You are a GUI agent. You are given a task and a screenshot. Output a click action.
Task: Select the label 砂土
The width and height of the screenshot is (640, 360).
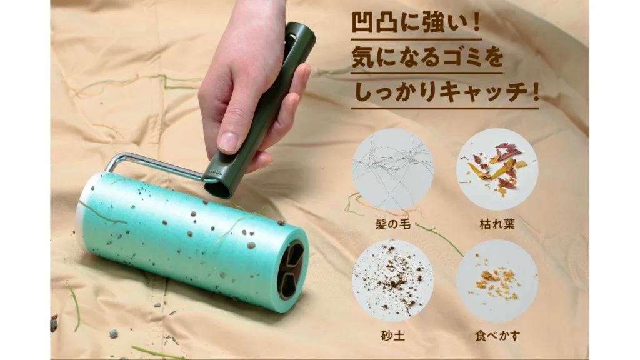pyautogui.click(x=392, y=336)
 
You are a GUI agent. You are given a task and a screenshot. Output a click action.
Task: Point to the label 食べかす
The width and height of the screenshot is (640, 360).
pyautogui.click(x=497, y=336)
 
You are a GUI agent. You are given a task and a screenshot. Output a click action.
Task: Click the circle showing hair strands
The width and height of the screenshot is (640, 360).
pyautogui.click(x=392, y=169)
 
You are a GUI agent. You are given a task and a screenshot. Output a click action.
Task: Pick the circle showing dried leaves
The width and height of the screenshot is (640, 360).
pyautogui.click(x=497, y=169)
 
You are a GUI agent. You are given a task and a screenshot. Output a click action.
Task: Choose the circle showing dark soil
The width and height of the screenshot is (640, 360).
pyautogui.click(x=392, y=281)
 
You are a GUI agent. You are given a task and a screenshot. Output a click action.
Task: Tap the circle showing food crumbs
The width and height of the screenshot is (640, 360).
pyautogui.click(x=497, y=281)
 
